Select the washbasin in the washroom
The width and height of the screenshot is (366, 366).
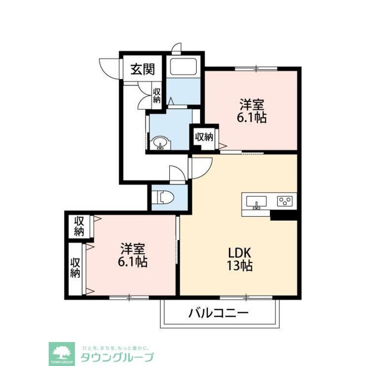160,142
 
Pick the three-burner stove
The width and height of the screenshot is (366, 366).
285,201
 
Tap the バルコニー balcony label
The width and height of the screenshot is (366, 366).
219,313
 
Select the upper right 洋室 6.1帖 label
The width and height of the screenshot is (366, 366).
252,112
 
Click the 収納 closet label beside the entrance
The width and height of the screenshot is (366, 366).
157,95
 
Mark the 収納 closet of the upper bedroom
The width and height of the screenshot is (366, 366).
204,137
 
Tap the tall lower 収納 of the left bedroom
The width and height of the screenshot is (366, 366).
75,268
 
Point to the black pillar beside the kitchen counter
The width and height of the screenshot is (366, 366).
283,216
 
